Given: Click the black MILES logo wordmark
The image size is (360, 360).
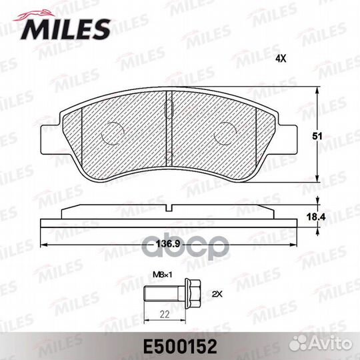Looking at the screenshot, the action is point(65,29).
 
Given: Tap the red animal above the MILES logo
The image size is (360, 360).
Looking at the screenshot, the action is point(35,15).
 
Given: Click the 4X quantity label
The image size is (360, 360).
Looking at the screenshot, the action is point(281,59).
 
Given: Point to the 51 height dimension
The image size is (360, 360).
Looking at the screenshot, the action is point(317,137).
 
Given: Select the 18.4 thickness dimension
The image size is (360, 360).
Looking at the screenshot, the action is point(316,217).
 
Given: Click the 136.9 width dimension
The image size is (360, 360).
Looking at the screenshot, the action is point(168,243).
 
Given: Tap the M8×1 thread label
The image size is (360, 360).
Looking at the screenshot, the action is point(162,275).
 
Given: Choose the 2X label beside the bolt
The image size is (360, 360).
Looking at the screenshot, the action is point(217,294).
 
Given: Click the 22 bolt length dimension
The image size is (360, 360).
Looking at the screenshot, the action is point(165,314).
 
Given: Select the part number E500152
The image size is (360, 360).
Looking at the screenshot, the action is point(180,347).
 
